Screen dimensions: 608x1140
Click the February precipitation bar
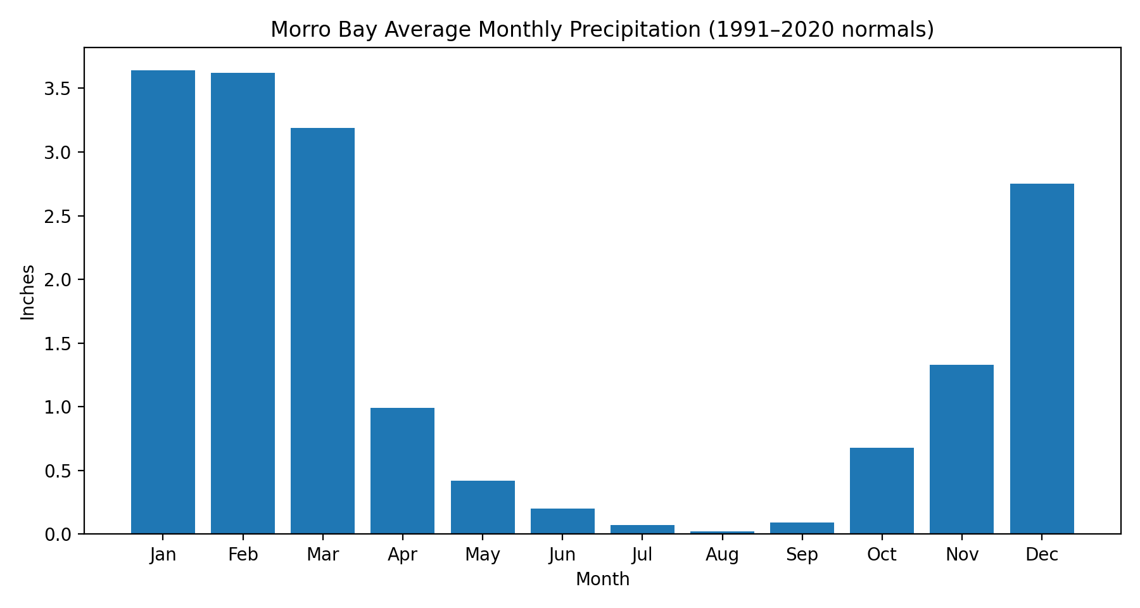click(243, 303)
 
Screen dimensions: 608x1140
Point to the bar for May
click(483, 507)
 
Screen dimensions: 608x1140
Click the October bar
click(882, 491)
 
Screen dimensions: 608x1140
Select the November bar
click(961, 449)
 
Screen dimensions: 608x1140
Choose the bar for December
click(1042, 358)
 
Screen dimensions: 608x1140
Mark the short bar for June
click(562, 521)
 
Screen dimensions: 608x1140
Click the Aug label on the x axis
click(722, 555)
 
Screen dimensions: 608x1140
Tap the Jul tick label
click(642, 555)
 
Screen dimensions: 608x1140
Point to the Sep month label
click(802, 555)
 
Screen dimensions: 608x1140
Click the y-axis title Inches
click(28, 292)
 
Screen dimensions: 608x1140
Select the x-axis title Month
click(602, 579)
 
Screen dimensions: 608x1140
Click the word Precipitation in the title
click(639, 30)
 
